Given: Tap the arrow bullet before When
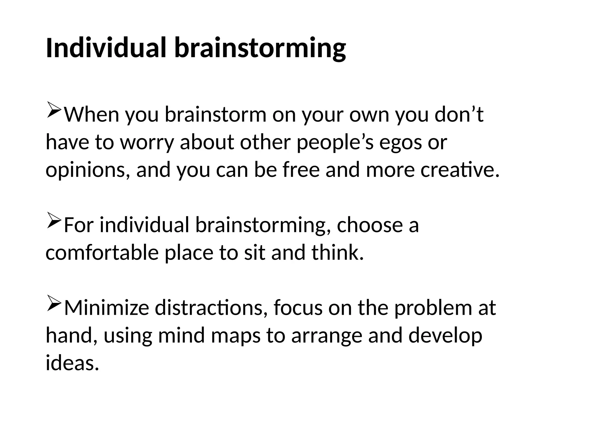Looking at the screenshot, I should click(x=53, y=110).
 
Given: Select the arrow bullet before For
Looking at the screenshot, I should click(x=53, y=221).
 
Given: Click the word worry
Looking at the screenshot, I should click(x=147, y=143).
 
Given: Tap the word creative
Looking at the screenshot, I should click(x=460, y=170).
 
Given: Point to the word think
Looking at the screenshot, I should click(x=337, y=252).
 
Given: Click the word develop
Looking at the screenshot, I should click(x=445, y=336).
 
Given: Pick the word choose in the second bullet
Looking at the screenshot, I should click(x=369, y=225).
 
